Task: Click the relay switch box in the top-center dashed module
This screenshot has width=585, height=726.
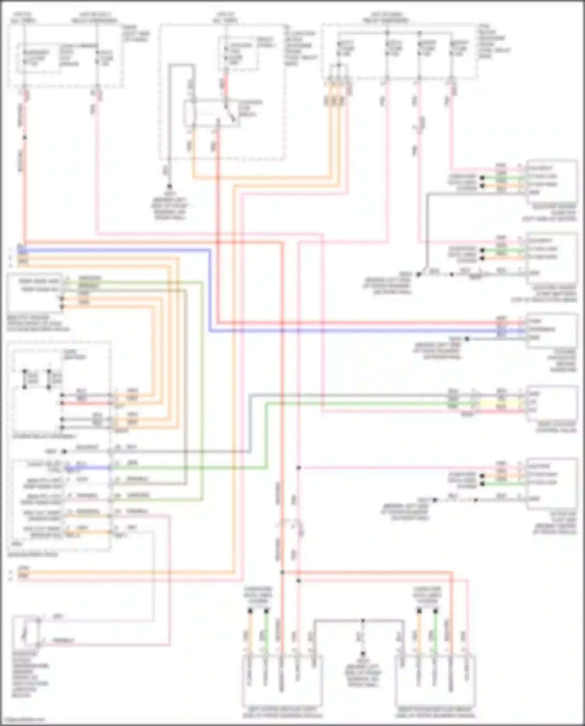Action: (211, 113)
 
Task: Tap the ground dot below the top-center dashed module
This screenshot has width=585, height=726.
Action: (170, 186)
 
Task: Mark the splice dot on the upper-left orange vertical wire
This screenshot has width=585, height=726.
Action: (25, 137)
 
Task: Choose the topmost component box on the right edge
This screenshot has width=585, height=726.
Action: (551, 181)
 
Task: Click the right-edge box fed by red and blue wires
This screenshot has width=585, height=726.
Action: (551, 330)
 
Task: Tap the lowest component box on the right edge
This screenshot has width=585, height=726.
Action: (551, 484)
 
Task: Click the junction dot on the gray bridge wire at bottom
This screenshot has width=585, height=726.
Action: (362, 620)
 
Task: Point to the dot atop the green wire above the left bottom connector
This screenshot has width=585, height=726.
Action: (266, 611)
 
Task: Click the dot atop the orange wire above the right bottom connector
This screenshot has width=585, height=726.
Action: (419, 611)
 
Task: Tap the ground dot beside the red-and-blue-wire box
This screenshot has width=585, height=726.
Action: (467, 339)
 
